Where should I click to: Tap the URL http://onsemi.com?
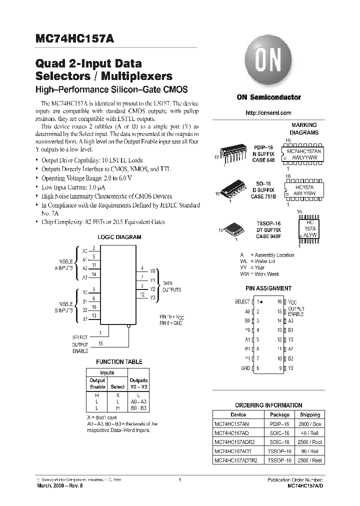click(x=268, y=113)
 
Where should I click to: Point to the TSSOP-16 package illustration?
click(x=232, y=227)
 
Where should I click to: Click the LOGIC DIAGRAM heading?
click(x=119, y=237)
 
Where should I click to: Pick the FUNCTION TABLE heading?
click(x=119, y=361)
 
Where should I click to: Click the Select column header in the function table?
click(x=117, y=387)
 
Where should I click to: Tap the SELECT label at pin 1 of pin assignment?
click(x=242, y=302)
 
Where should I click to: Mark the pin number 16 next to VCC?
click(x=279, y=302)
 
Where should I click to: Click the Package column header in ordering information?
click(x=279, y=414)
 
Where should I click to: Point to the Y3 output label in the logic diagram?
click(x=153, y=298)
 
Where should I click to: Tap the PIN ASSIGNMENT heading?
click(x=268, y=288)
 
